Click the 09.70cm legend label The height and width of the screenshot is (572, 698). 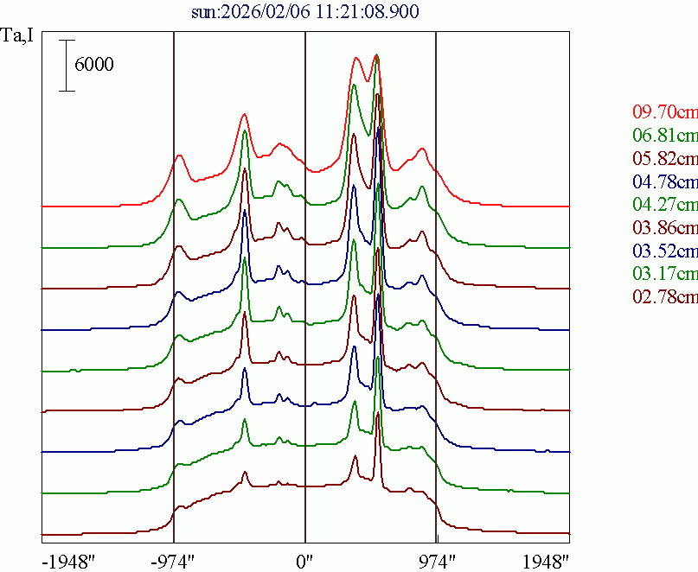coord(664,112)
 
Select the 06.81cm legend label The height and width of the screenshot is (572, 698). coord(664,136)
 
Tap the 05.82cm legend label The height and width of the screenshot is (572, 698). coord(664,159)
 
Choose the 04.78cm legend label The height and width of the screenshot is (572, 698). coord(664,182)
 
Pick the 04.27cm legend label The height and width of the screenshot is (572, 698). coord(664,205)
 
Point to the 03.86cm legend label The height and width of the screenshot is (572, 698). coord(664,228)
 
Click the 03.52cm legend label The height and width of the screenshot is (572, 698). coord(664,251)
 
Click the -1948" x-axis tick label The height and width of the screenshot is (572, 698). coord(68,561)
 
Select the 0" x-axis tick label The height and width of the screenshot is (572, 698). coord(305,561)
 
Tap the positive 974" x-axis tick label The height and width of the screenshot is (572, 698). coord(436,561)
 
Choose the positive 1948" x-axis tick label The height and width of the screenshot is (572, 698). coord(546,561)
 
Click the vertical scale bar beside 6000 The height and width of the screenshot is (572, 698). coord(65,65)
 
